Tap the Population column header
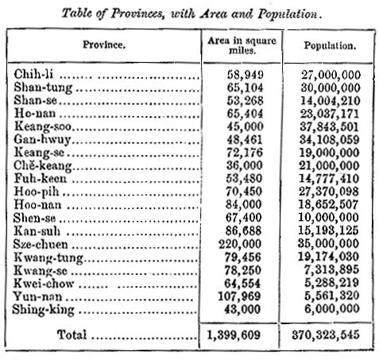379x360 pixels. coord(328,45)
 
